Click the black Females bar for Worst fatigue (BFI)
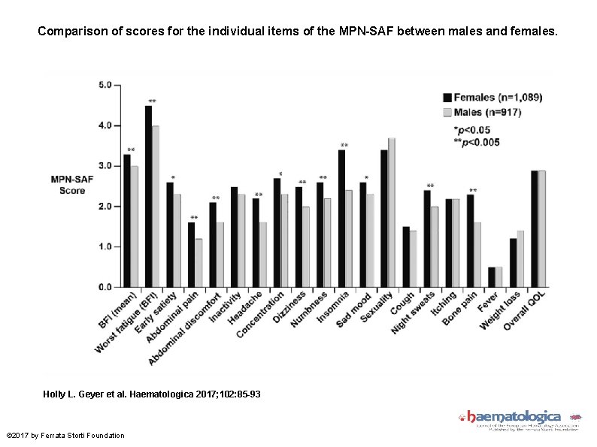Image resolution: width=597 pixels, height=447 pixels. pyautogui.click(x=148, y=196)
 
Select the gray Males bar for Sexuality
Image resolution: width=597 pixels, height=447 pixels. pyautogui.click(x=392, y=213)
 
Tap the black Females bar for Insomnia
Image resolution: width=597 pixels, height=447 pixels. pyautogui.click(x=341, y=219)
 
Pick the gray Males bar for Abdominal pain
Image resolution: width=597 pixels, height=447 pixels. pyautogui.click(x=198, y=263)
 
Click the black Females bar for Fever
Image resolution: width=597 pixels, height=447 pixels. pyautogui.click(x=491, y=277)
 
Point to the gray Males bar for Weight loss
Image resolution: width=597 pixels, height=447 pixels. pyautogui.click(x=520, y=259)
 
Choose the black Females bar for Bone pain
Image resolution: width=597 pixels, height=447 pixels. pyautogui.click(x=470, y=240)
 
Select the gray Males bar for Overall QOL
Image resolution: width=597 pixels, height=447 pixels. pyautogui.click(x=541, y=229)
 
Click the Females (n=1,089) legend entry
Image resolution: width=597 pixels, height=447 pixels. pyautogui.click(x=492, y=97)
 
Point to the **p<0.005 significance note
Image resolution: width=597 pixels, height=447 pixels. pyautogui.click(x=471, y=142)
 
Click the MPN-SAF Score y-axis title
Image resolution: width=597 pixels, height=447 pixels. pyautogui.click(x=72, y=185)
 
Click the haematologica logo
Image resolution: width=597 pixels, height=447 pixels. pyautogui.click(x=514, y=417)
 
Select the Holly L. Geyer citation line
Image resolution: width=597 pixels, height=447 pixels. pyautogui.click(x=153, y=394)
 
